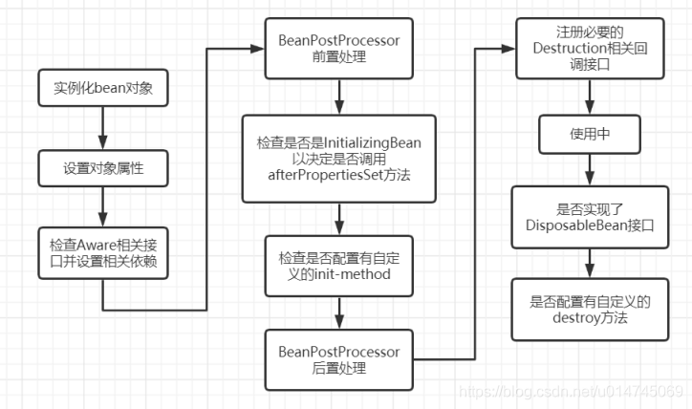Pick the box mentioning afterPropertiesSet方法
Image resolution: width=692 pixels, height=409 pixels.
(x=337, y=159)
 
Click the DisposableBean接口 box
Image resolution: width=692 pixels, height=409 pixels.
(x=588, y=214)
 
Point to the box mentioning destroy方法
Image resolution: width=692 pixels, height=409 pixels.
(x=590, y=310)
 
